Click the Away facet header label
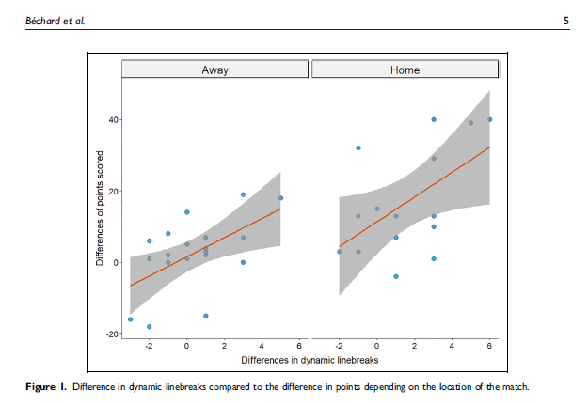[x=215, y=70]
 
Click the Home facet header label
[x=405, y=70]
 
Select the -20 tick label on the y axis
[x=109, y=334]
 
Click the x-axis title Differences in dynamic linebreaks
[x=310, y=360]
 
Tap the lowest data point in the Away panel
[x=149, y=327]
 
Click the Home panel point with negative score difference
[x=396, y=276]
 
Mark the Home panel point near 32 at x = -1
[x=358, y=148]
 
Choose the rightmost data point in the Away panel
[x=280, y=198]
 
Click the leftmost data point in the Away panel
[x=130, y=319]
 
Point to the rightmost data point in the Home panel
[x=490, y=119]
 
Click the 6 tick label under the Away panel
[x=299, y=346]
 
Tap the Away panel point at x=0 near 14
[x=186, y=212]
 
